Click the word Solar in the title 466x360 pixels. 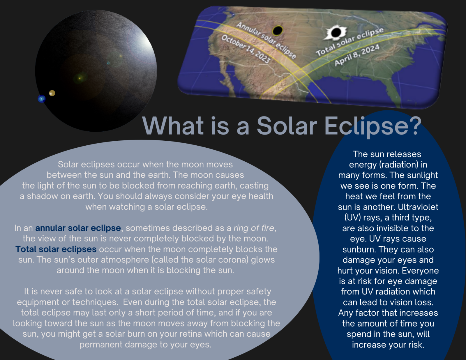coord(287,126)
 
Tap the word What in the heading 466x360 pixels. coord(173,126)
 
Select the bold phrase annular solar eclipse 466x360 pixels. coord(78,228)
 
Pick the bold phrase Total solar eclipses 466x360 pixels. coord(56,249)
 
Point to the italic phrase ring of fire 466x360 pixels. coord(254,228)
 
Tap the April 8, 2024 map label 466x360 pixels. coord(357,55)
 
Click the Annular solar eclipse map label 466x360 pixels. coord(266,40)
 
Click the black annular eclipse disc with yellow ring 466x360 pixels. coord(278,31)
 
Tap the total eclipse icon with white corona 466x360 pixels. coord(336,33)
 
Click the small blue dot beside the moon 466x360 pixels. coord(42,99)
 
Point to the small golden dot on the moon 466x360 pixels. coord(52,93)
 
